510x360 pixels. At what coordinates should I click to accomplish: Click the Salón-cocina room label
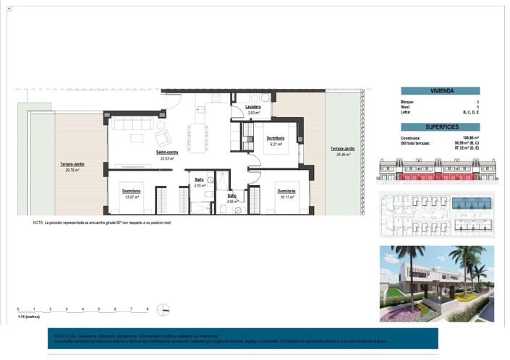pyautogui.click(x=168, y=153)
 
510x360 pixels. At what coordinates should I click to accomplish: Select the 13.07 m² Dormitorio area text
pyautogui.click(x=131, y=196)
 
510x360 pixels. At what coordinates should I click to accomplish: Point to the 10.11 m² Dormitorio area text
pyautogui.click(x=287, y=196)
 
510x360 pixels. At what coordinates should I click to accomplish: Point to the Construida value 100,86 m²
pyautogui.click(x=471, y=137)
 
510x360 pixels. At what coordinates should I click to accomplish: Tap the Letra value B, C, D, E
pyautogui.click(x=471, y=113)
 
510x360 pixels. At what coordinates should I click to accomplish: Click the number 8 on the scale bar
pyautogui.click(x=148, y=309)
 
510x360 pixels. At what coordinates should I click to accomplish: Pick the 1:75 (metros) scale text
pyautogui.click(x=27, y=316)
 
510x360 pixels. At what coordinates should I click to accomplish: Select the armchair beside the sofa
pyautogui.click(x=163, y=136)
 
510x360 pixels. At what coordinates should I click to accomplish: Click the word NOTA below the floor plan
pyautogui.click(x=38, y=223)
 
